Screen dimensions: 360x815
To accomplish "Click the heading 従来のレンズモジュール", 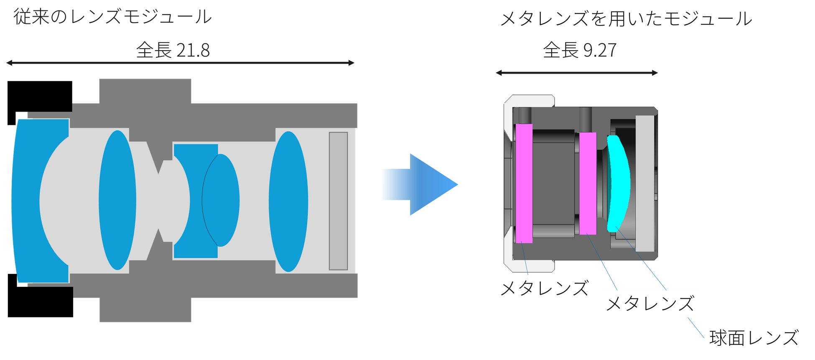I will (112, 17).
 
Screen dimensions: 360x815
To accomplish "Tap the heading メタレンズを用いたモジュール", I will (626, 19).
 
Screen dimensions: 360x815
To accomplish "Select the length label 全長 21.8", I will (173, 50).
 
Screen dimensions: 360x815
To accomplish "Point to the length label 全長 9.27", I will (579, 50).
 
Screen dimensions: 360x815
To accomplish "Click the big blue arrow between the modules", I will (422, 184).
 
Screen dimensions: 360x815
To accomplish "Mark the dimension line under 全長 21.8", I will (180, 63).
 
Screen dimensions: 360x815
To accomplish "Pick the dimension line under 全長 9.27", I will (576, 73).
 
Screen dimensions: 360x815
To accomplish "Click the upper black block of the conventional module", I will (40, 96).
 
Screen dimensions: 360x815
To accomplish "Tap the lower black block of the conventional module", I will (41, 301).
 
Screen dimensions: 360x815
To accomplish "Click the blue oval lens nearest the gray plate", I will (288, 201).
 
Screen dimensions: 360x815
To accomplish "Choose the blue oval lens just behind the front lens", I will (117, 200).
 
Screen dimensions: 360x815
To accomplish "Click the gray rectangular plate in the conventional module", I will (338, 201).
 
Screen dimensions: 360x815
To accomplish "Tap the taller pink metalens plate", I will (524, 183).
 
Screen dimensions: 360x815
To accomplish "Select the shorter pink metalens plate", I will (588, 183).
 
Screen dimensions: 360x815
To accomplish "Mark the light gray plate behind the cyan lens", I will (644, 183).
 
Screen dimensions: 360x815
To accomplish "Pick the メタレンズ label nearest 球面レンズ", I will (650, 304).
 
